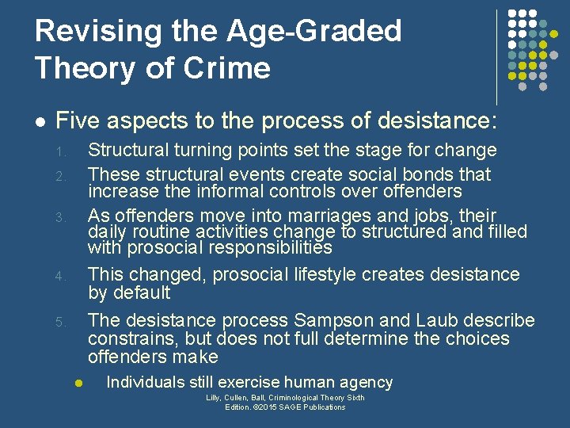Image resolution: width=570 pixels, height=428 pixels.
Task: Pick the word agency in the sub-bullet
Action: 367,382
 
